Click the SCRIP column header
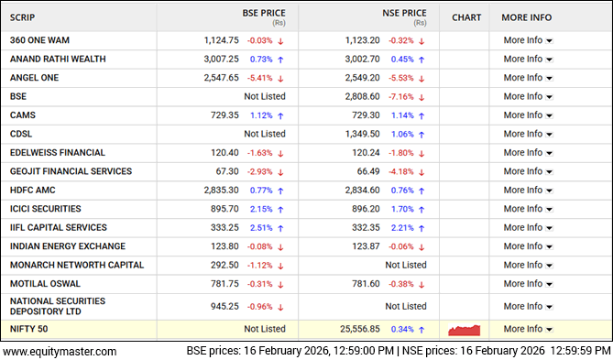[26, 17]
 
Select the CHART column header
[466, 17]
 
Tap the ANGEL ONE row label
[35, 78]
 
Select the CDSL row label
[21, 134]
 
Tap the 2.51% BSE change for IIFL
[262, 227]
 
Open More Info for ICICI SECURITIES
[527, 209]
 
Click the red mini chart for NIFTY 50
[465, 329]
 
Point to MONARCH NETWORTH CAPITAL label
[77, 265]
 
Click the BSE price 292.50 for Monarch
[224, 265]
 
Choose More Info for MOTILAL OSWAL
[527, 284]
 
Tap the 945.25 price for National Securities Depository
[224, 306]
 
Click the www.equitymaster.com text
[60, 351]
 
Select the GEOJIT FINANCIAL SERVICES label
[71, 171]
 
